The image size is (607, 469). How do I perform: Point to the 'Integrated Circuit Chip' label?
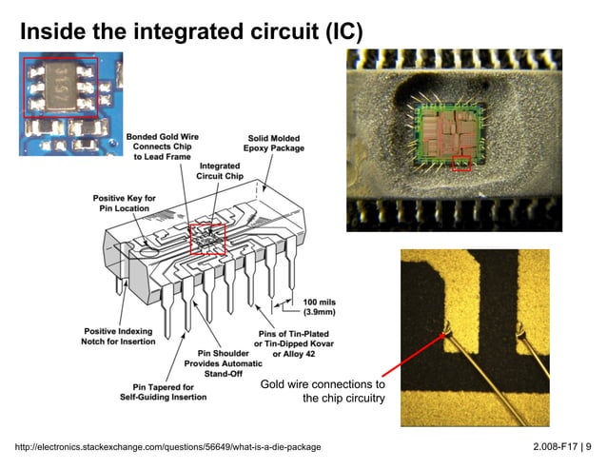(x=219, y=170)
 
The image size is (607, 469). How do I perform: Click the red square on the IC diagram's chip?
(x=207, y=238)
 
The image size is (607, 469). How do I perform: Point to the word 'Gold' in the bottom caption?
(x=276, y=384)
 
